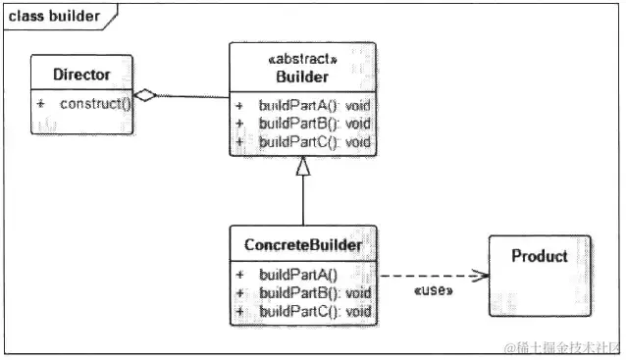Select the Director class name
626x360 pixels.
click(81, 74)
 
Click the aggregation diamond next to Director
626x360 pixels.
click(145, 95)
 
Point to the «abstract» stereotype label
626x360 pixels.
click(301, 60)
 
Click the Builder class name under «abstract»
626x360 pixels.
click(301, 77)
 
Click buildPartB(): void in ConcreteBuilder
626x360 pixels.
click(315, 293)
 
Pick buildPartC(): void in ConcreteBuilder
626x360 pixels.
click(315, 312)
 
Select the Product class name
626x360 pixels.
click(540, 256)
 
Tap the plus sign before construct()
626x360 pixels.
click(41, 102)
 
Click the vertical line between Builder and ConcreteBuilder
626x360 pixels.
click(303, 201)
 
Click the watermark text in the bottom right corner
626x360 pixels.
click(562, 347)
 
